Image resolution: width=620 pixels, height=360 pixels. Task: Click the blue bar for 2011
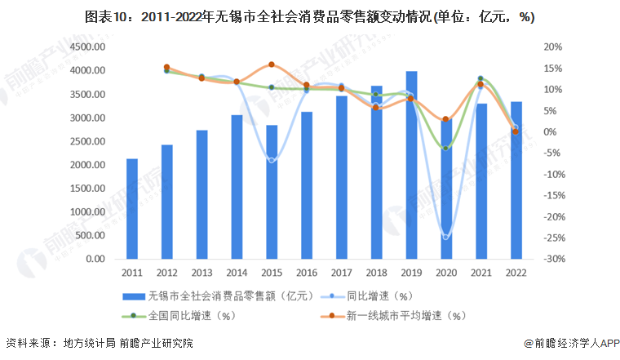click(131, 209)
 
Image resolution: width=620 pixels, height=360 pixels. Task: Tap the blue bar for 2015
click(272, 192)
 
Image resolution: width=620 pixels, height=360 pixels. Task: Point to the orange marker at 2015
click(272, 64)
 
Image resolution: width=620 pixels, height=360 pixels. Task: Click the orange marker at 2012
click(166, 67)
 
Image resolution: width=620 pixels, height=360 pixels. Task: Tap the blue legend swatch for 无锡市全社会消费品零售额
click(133, 296)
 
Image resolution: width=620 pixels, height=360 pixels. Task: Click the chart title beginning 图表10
click(309, 16)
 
